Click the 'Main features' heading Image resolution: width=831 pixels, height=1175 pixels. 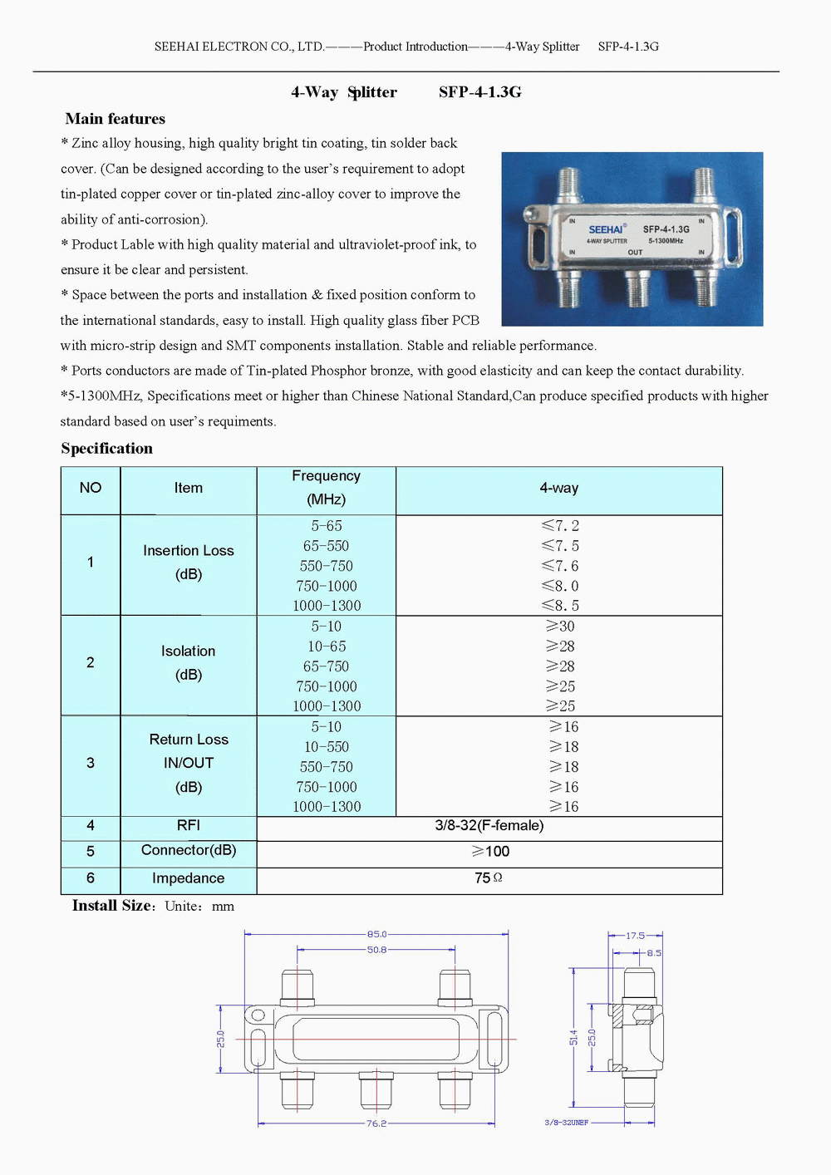[115, 119]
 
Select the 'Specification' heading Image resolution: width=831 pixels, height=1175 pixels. [106, 449]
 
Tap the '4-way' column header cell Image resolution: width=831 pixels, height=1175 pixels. [558, 489]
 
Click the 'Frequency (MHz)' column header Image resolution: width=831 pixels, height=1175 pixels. [326, 488]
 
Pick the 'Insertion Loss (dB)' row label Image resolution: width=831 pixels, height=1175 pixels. [189, 563]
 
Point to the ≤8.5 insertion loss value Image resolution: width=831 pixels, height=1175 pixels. [560, 606]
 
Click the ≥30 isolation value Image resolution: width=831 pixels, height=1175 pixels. [560, 627]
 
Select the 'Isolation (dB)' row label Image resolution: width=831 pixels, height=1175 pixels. [189, 663]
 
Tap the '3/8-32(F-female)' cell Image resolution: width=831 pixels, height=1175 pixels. [489, 826]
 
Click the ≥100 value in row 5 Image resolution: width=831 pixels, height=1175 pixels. [490, 852]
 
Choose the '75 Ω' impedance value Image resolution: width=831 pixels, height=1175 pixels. [489, 878]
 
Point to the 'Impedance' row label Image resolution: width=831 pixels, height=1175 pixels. [189, 878]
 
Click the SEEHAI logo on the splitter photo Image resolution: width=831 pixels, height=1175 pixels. [607, 229]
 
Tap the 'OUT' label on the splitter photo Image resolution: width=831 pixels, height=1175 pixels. [635, 252]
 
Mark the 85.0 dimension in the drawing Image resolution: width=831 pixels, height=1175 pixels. [376, 934]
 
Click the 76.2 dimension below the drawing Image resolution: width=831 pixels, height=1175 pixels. [376, 1123]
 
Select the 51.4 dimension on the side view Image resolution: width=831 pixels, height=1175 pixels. [573, 1038]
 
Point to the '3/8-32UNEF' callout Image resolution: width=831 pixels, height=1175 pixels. [566, 1123]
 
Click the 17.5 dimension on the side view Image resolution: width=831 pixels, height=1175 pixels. [635, 936]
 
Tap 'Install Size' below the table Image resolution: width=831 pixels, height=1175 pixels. [112, 906]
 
